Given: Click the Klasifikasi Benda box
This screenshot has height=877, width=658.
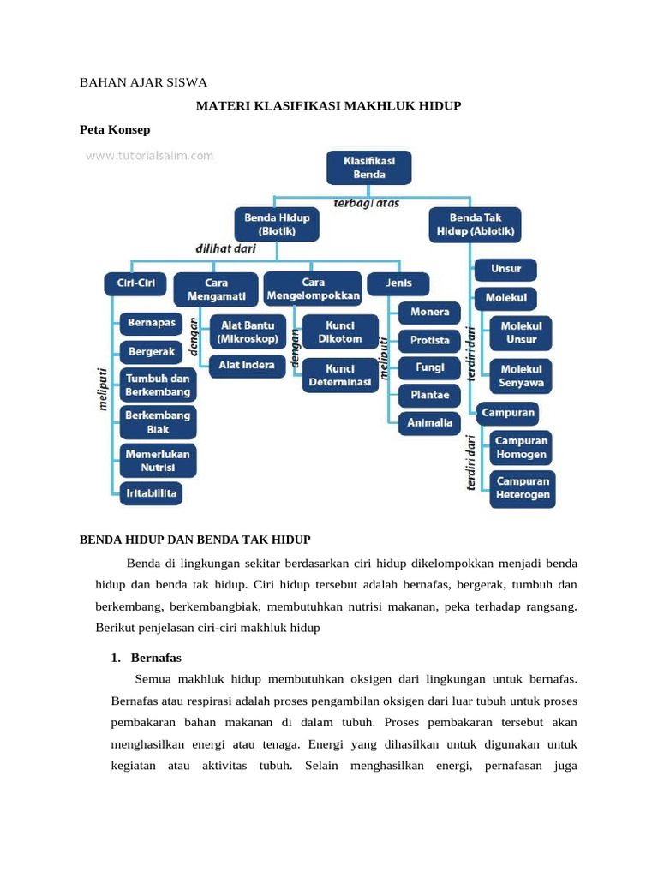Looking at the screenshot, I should [x=368, y=167].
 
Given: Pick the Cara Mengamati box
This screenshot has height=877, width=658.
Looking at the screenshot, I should [x=215, y=289].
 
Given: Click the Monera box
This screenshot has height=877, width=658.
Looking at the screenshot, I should [x=429, y=312].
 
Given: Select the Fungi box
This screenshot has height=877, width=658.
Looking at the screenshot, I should [x=429, y=367].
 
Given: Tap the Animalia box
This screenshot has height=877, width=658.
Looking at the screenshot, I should [x=429, y=422].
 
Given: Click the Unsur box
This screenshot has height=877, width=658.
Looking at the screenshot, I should [x=505, y=269].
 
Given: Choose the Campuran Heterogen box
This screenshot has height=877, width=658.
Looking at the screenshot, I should [x=522, y=488].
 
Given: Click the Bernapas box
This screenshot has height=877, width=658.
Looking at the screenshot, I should [x=151, y=324].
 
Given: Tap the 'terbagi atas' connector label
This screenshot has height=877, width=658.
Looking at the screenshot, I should [x=366, y=204].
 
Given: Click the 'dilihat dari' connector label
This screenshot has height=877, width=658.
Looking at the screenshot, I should [x=225, y=248].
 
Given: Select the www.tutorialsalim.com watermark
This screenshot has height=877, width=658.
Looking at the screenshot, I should [x=149, y=156].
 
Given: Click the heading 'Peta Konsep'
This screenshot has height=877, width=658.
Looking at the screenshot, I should [x=115, y=129].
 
